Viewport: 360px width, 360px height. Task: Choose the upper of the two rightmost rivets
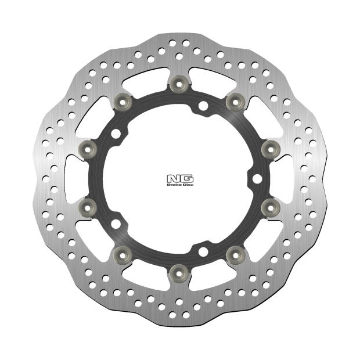[267, 149]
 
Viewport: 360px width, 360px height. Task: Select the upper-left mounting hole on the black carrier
[117, 134]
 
